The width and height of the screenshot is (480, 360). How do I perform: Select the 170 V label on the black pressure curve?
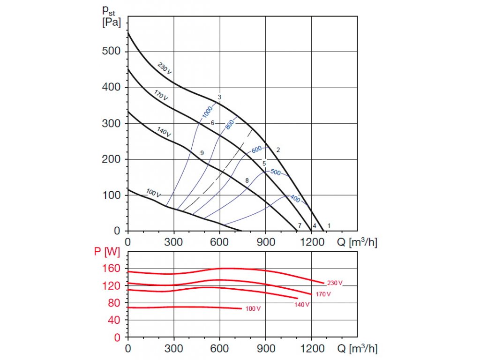(161, 95)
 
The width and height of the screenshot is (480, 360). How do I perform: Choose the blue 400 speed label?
(294, 199)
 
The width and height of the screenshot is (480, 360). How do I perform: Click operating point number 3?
(219, 97)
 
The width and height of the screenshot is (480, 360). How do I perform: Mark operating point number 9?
(202, 153)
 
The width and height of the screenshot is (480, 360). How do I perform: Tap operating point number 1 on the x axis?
(329, 225)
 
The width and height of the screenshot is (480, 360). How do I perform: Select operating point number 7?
(300, 226)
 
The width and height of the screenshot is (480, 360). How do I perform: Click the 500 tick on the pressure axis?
(111, 51)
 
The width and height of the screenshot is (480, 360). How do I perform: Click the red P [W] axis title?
(107, 252)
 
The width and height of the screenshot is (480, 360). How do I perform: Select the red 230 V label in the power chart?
(335, 283)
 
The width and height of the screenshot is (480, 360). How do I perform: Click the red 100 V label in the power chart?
(253, 309)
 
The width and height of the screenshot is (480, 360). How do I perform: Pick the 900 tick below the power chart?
(265, 349)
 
